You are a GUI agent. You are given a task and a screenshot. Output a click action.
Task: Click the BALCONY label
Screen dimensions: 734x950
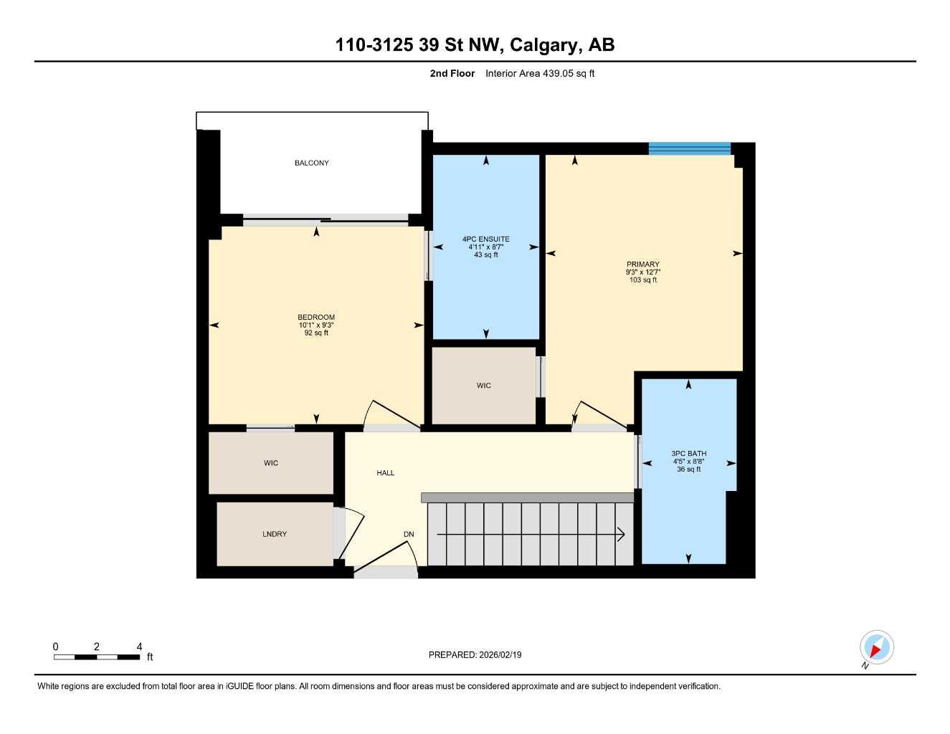pyautogui.click(x=311, y=163)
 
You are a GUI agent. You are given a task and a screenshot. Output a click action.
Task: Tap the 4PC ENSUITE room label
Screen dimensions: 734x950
pyautogui.click(x=485, y=239)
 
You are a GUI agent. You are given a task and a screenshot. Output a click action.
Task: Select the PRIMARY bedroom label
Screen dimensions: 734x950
pyautogui.click(x=642, y=264)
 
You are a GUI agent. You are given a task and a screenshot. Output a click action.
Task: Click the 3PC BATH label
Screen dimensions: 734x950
pyautogui.click(x=688, y=454)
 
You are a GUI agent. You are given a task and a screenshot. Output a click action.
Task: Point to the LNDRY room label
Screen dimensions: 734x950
pyautogui.click(x=275, y=534)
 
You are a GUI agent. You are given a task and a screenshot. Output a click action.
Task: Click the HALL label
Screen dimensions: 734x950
pyautogui.click(x=386, y=473)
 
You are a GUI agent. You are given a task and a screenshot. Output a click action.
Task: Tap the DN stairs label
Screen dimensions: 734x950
pyautogui.click(x=409, y=534)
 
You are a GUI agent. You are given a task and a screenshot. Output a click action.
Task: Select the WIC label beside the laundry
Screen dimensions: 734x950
pyautogui.click(x=271, y=463)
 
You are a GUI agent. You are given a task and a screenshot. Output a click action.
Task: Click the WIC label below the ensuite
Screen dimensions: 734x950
pyautogui.click(x=484, y=386)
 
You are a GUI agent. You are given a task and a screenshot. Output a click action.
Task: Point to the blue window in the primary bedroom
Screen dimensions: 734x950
pyautogui.click(x=689, y=148)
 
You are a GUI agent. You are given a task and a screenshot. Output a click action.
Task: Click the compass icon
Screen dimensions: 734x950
pyautogui.click(x=876, y=648)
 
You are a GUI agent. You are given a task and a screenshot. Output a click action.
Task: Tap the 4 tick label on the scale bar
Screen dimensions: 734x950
pyautogui.click(x=139, y=647)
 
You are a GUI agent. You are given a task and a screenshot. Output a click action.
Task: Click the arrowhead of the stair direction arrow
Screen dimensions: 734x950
pyautogui.click(x=621, y=534)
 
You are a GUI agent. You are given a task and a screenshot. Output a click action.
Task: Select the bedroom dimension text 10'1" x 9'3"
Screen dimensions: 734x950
pyautogui.click(x=316, y=325)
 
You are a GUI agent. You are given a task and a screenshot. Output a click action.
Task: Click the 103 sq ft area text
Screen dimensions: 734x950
pyautogui.click(x=642, y=280)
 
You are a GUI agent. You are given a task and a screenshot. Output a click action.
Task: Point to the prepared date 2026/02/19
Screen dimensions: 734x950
pyautogui.click(x=500, y=654)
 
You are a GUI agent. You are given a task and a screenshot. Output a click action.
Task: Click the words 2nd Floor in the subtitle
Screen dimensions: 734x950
pyautogui.click(x=452, y=73)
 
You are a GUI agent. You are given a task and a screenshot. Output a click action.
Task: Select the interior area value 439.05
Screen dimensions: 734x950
pyautogui.click(x=558, y=73)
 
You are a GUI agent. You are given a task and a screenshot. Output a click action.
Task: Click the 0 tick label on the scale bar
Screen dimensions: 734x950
pyautogui.click(x=55, y=647)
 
